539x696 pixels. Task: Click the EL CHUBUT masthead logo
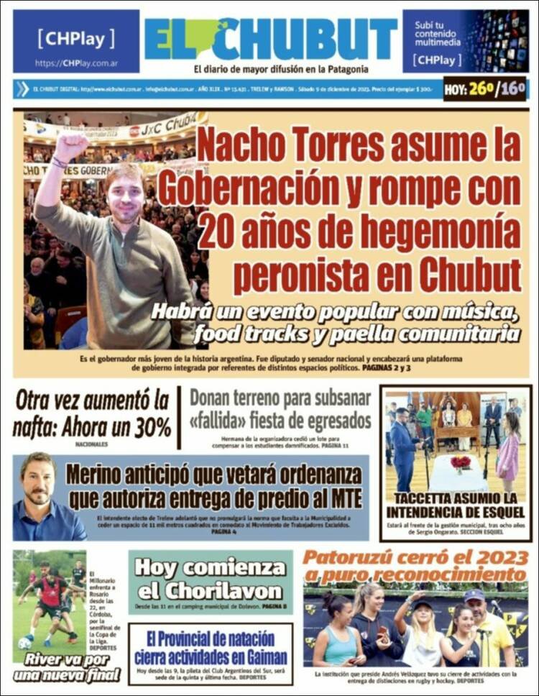[270, 40]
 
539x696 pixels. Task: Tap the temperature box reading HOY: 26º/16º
[484, 89]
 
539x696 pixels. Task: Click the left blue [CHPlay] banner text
[75, 37]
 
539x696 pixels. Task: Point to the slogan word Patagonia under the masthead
[342, 69]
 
